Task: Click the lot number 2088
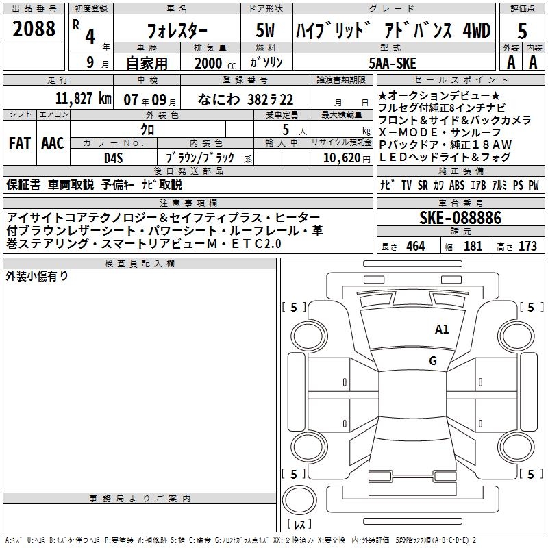point(34,29)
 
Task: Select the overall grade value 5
point(522,32)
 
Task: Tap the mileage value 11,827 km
point(83,99)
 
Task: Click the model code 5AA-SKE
point(393,63)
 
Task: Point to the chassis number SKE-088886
point(460,218)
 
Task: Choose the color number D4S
point(113,158)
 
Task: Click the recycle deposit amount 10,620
point(342,158)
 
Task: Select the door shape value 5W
point(265,30)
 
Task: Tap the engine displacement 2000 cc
point(215,64)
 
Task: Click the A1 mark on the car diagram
point(442,329)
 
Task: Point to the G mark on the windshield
point(433,361)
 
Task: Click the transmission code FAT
point(20,143)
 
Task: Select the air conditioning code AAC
point(53,143)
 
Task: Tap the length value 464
point(416,246)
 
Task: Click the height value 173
point(527,246)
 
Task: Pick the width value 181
point(473,246)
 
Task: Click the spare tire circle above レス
point(299,499)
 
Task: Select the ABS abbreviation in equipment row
point(457,185)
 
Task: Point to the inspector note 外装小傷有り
point(37,276)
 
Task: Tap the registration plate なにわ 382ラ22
point(245,99)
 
